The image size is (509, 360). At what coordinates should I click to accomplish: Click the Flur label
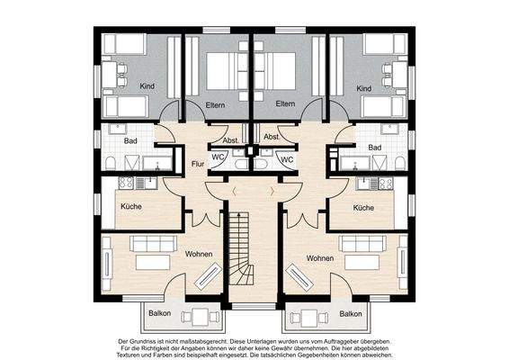click(198, 164)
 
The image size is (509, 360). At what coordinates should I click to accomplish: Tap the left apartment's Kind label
click(147, 86)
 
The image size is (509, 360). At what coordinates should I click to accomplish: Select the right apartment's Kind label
click(364, 88)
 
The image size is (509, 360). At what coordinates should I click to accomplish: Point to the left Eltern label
click(215, 105)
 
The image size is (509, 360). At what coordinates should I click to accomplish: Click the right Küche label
click(363, 208)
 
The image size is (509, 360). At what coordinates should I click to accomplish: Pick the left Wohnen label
click(199, 254)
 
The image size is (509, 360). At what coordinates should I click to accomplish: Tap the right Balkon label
click(351, 314)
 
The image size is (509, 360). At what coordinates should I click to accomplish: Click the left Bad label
click(130, 141)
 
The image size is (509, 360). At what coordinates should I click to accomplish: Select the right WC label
click(287, 159)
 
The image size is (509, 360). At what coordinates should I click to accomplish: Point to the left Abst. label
click(231, 140)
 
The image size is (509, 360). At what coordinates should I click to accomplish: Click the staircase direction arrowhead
click(239, 214)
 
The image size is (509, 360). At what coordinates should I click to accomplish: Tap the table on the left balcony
click(201, 316)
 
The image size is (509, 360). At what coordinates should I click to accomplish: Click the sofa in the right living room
click(362, 244)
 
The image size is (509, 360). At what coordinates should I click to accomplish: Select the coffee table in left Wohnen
click(153, 262)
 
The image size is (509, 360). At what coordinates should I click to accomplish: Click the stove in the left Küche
click(126, 184)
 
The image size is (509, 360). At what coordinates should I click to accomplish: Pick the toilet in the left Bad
click(111, 163)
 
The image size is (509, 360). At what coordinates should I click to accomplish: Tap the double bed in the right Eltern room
click(275, 71)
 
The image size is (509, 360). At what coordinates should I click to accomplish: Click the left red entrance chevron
click(235, 192)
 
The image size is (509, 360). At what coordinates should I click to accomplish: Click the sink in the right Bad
click(389, 130)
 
